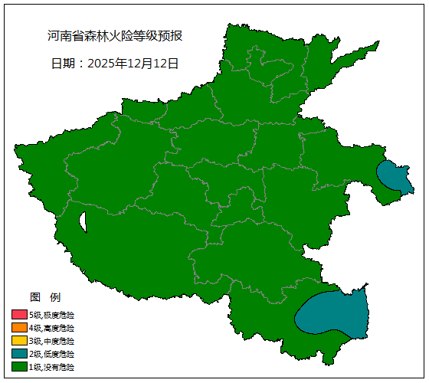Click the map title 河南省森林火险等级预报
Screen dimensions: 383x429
point(115,36)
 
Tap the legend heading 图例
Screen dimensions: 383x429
point(44,297)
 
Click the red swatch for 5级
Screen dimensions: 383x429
point(19,315)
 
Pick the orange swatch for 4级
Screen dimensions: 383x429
point(19,328)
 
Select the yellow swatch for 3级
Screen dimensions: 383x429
point(19,341)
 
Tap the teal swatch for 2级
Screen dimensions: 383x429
point(19,354)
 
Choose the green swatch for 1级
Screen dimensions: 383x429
point(19,367)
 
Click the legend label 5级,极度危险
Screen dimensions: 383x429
point(52,315)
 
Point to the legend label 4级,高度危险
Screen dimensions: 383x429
point(52,328)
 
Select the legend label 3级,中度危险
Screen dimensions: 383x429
point(52,341)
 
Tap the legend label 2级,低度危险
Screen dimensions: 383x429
point(52,354)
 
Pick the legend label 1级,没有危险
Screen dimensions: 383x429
point(52,367)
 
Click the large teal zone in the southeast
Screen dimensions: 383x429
point(333,313)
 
